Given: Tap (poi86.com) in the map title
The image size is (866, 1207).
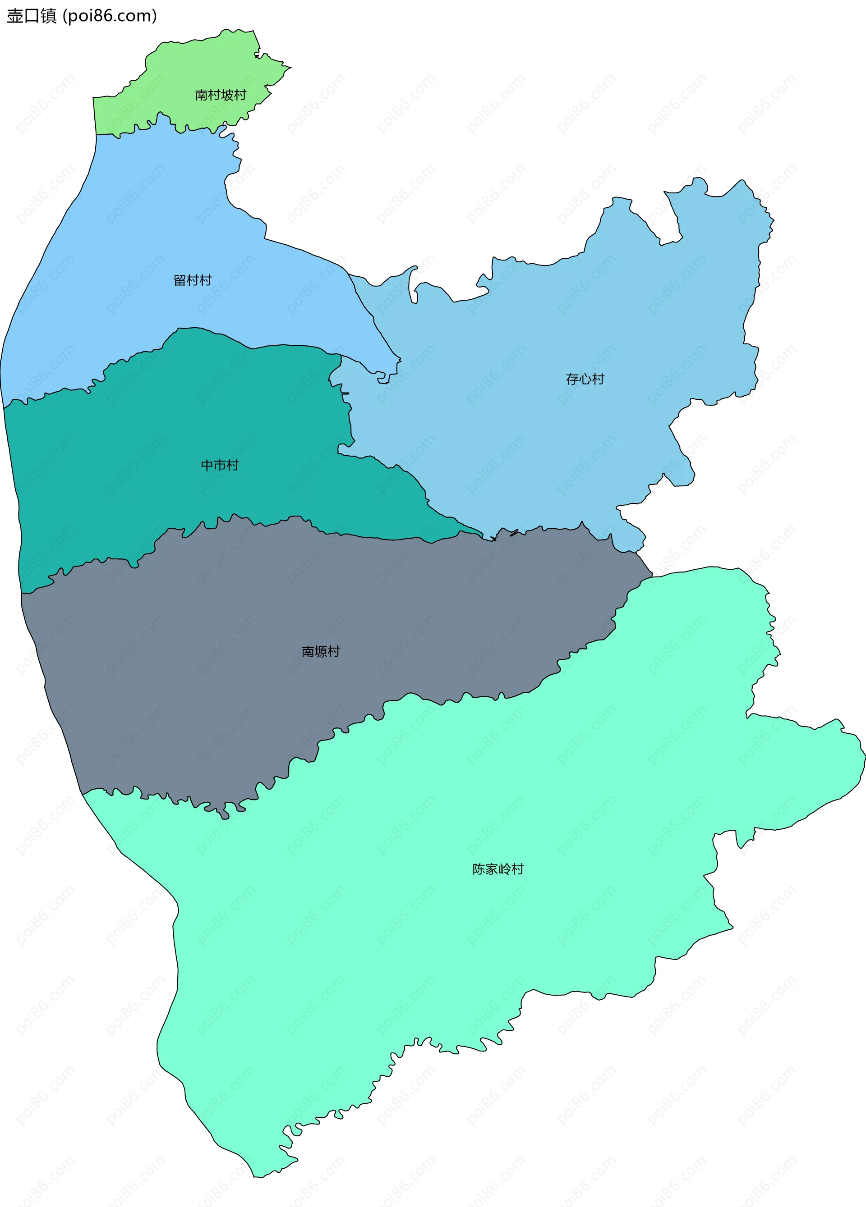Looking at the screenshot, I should (110, 16).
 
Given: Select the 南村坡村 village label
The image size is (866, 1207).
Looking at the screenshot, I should (221, 95).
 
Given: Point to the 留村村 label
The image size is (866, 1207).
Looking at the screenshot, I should (193, 280).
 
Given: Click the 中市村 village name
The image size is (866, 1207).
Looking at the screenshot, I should (219, 466).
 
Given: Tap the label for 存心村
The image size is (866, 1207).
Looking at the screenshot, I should (585, 379).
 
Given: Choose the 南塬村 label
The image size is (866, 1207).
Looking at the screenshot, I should (321, 652).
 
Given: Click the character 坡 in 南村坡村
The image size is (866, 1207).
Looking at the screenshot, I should (227, 95).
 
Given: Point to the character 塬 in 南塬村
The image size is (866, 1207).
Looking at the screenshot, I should (321, 652).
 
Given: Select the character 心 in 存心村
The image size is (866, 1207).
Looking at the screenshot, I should (585, 379).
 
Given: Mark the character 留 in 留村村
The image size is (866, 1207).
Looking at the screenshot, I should (180, 280).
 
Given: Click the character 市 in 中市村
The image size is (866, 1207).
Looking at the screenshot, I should (219, 466).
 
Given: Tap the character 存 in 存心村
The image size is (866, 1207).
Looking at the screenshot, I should (572, 379).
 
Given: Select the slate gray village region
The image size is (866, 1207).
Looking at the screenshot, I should (266, 612).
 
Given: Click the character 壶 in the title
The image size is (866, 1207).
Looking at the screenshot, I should (14, 16).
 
